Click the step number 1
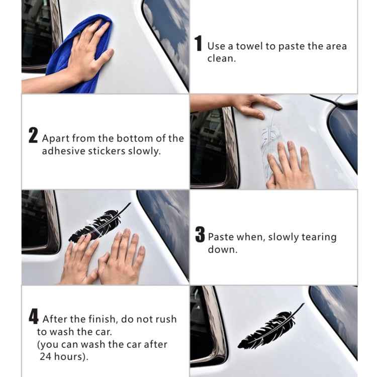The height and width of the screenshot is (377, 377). pos(199,44)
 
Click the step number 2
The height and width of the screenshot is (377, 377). pos(33,136)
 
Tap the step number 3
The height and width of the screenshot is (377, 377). pos(200,235)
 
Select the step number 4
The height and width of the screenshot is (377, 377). pos(34,317)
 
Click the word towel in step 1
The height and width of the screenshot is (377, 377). pos(250,46)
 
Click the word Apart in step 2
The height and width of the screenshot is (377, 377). pos(56,138)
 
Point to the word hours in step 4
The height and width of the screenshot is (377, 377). pos(70,356)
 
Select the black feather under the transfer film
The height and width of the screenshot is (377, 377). pos(98,227)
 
